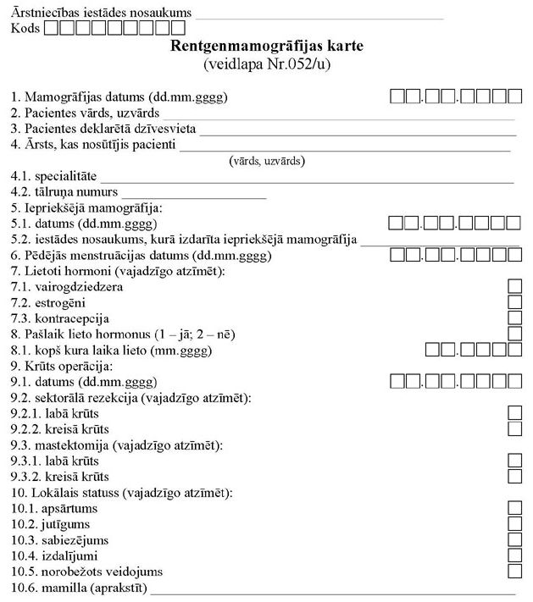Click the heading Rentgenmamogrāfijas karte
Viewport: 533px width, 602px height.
click(267, 45)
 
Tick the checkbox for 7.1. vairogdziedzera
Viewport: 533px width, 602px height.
click(514, 286)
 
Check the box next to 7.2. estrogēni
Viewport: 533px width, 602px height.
click(514, 301)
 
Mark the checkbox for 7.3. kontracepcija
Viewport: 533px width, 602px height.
click(514, 318)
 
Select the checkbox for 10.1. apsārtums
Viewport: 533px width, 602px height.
click(514, 508)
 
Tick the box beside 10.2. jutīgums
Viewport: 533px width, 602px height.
click(514, 524)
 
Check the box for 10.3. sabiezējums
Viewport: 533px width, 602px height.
click(514, 539)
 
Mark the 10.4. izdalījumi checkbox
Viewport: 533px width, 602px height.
click(514, 555)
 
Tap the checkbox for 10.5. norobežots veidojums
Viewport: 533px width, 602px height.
click(514, 572)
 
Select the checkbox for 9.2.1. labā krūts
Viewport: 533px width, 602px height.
click(514, 413)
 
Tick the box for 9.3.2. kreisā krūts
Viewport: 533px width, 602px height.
click(514, 477)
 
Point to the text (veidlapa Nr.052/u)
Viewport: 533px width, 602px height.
click(267, 63)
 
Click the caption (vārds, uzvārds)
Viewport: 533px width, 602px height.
click(267, 161)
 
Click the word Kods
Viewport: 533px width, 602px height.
click(25, 29)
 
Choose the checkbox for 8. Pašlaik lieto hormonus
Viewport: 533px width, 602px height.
click(514, 334)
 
